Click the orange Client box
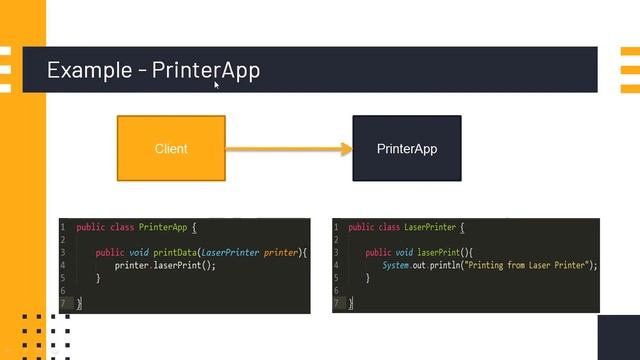point(171,149)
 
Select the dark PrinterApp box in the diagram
point(406,149)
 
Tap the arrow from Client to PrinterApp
point(289,149)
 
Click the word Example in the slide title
point(90,70)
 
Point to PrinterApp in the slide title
point(206,70)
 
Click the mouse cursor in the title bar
point(216,85)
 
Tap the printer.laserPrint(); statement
point(165,266)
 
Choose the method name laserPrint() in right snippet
point(442,253)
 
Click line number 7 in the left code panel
point(63,302)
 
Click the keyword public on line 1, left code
point(90,228)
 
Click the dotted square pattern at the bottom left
point(45,334)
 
